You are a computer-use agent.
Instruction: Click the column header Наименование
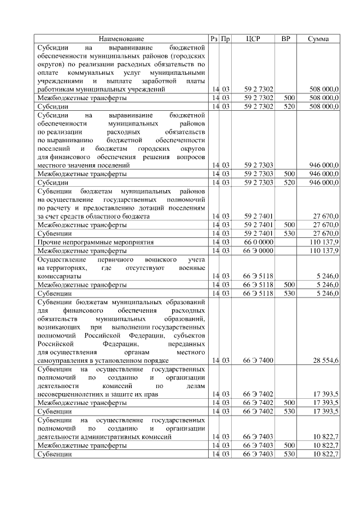[121, 39]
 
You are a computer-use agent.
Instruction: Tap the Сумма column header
[318, 39]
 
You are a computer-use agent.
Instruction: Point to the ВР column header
[286, 39]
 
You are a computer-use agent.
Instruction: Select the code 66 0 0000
[259, 241]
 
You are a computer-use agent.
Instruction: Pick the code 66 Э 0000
[259, 250]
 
